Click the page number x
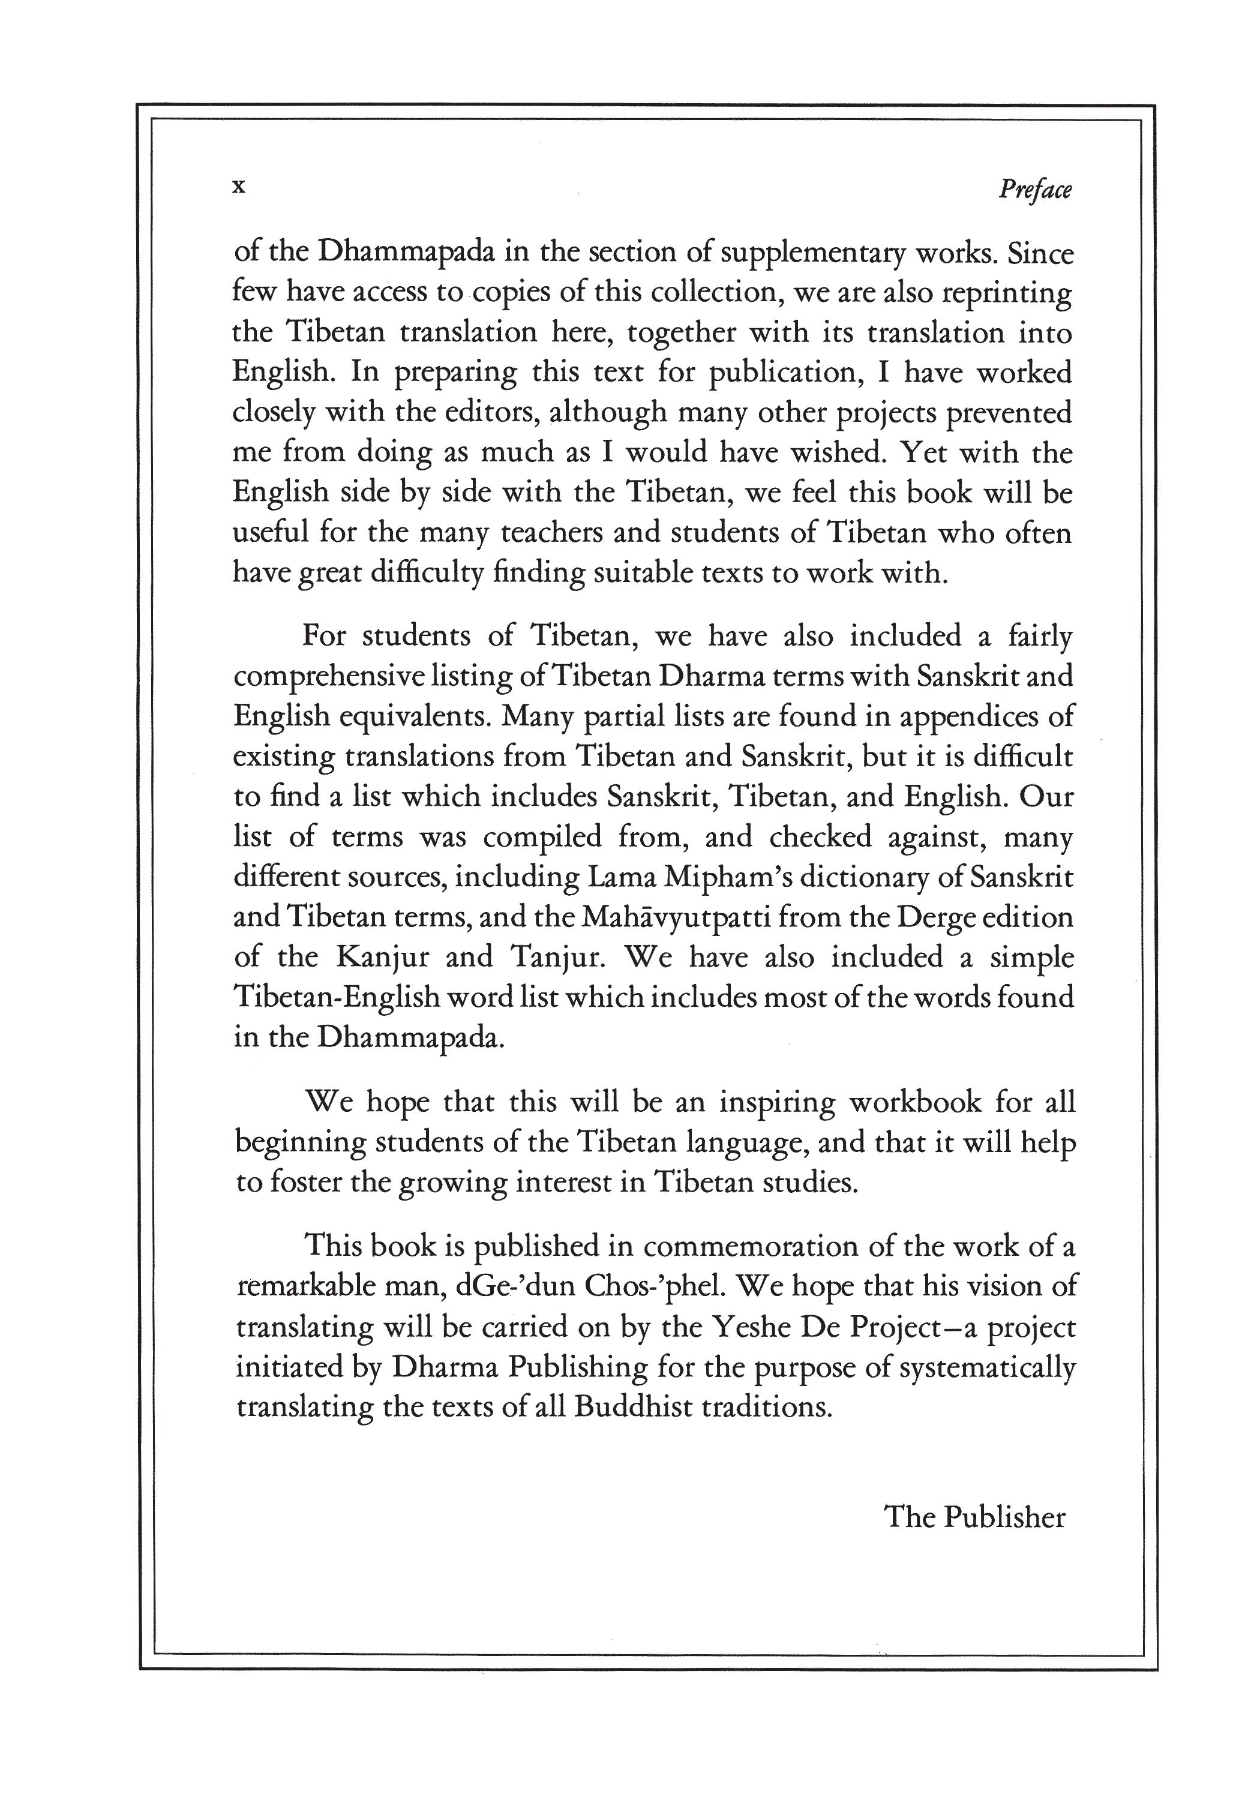[x=240, y=187]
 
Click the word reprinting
[x=1007, y=293]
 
